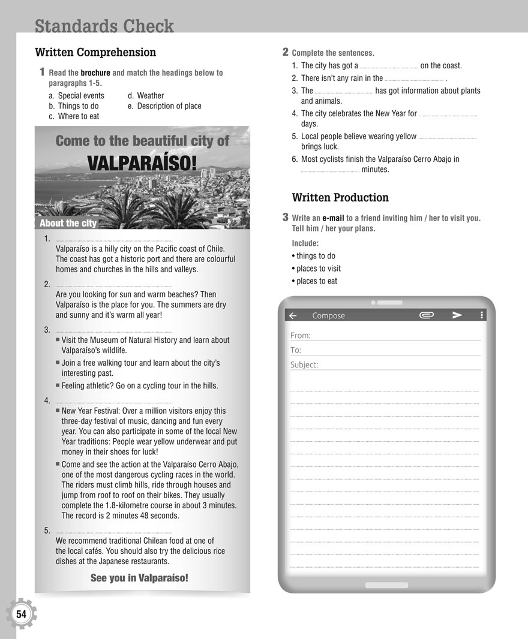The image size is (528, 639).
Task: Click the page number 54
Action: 22,614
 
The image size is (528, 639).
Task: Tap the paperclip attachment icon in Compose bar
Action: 427,315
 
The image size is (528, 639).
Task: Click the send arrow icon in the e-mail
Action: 457,315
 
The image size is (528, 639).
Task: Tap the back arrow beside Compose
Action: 293,315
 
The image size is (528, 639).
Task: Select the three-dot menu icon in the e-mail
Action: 481,315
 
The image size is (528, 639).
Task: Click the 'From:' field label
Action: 301,336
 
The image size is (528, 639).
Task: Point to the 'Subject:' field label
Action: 304,364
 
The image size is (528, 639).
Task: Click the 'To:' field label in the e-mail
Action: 296,350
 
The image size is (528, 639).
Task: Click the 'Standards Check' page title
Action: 104,26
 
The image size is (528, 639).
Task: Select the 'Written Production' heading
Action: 340,197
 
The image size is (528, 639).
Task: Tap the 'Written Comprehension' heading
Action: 95,52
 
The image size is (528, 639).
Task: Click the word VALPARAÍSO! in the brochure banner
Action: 142,163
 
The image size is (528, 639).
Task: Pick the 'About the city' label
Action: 68,224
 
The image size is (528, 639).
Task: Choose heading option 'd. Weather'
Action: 146,95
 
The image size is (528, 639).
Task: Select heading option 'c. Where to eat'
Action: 74,116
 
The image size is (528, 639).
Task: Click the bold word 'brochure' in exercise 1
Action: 95,73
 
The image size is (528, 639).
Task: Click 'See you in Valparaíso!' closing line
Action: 139,578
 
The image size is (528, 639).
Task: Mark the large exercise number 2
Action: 286,52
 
